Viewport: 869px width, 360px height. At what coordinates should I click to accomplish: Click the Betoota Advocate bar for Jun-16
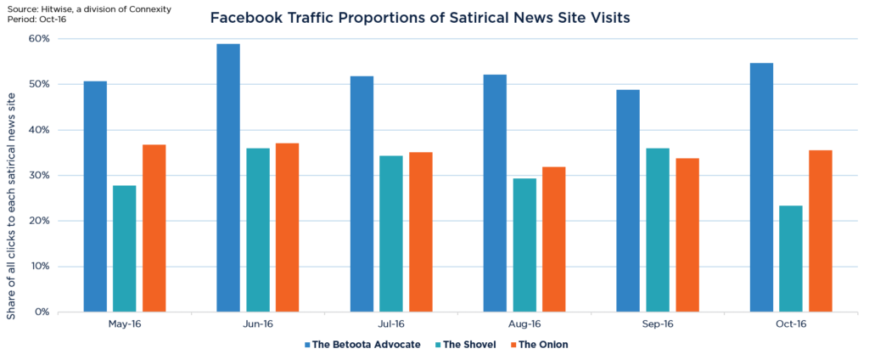[228, 178]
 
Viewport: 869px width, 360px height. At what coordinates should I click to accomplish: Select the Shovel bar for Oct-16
[790, 259]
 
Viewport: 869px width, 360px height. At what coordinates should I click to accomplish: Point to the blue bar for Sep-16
[628, 200]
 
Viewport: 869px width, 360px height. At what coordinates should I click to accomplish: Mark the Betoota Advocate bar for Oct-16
[761, 188]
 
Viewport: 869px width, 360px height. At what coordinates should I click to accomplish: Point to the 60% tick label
[39, 39]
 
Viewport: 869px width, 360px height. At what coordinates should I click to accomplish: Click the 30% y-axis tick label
[39, 176]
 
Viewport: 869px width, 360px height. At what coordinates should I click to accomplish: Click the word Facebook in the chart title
[249, 18]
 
